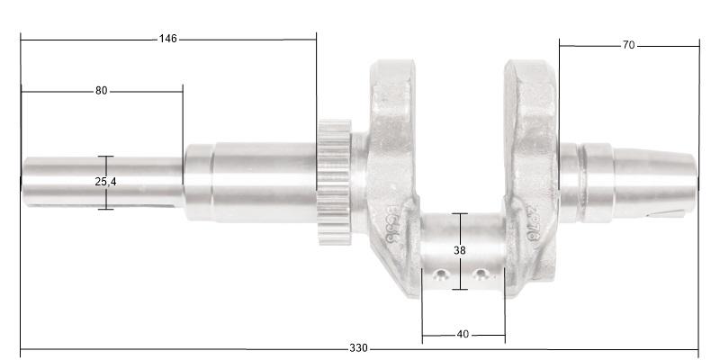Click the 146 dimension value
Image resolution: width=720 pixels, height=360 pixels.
click(167, 39)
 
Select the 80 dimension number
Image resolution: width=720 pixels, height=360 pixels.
click(101, 91)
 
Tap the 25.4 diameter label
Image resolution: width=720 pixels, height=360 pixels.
click(105, 182)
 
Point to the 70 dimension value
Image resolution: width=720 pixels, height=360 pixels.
click(628, 45)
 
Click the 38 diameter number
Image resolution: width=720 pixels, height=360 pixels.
click(460, 251)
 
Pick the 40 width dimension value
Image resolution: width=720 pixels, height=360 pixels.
click(463, 335)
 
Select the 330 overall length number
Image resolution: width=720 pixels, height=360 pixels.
click(358, 349)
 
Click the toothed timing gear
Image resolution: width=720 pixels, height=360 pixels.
click(332, 184)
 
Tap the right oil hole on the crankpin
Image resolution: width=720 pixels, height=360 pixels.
click(481, 274)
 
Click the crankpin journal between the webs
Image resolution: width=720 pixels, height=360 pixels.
click(462, 252)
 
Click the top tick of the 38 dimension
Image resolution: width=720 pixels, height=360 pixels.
click(460, 213)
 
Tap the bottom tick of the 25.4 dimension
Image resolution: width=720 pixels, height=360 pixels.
click(105, 209)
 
